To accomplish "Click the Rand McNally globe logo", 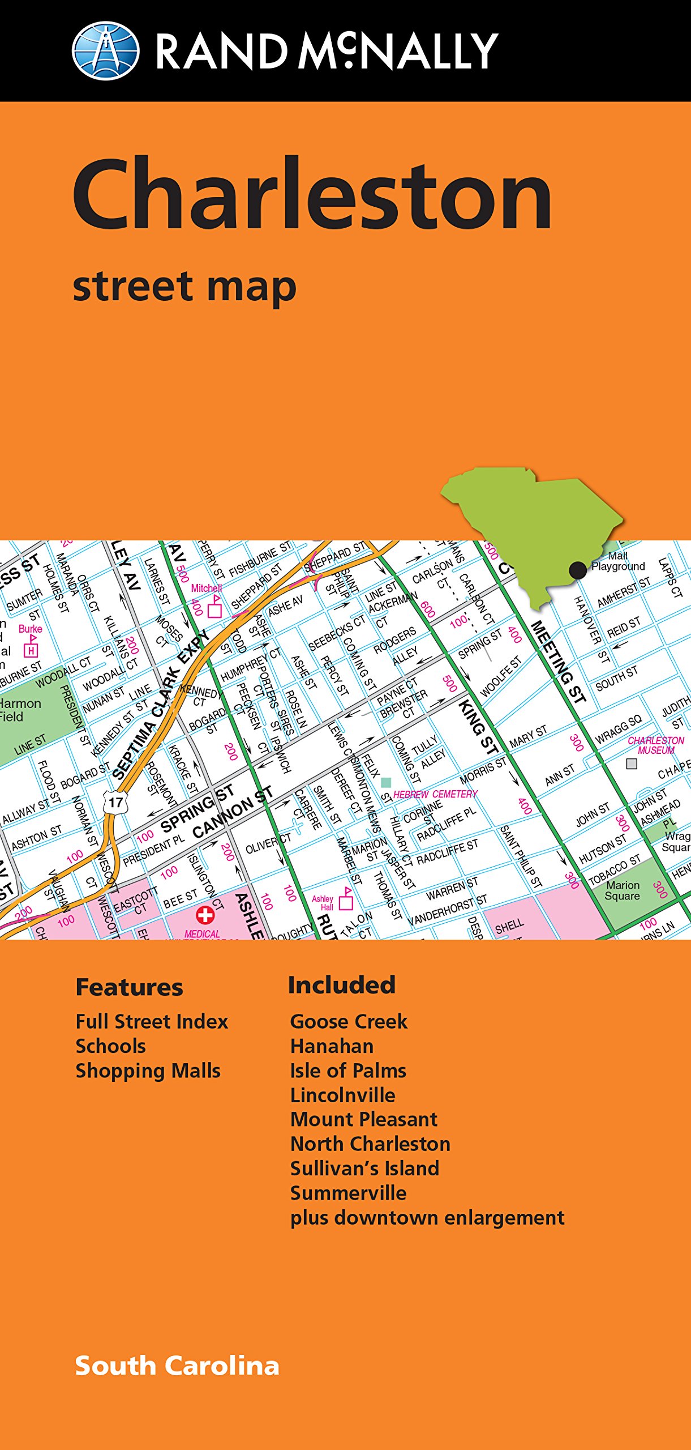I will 106,51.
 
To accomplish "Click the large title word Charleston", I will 312,194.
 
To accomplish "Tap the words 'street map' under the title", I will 184,287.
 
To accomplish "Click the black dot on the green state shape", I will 577,570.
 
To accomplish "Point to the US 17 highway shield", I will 116,802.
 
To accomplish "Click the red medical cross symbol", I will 205,915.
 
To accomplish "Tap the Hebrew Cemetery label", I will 435,794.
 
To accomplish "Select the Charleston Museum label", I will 655,745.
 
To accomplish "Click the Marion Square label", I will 623,890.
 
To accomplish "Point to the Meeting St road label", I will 558,662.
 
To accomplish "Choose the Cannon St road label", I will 232,812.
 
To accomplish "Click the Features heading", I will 129,987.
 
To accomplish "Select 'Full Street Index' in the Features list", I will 152,1021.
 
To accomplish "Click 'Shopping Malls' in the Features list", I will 148,1071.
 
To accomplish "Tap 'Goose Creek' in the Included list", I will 349,1021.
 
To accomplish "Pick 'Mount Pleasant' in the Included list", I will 364,1119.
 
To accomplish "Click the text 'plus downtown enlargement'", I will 427,1217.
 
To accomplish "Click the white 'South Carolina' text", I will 177,1366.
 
